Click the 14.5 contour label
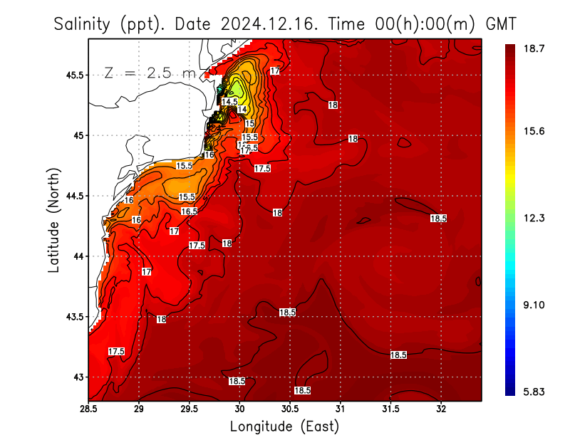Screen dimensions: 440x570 (x=229, y=102)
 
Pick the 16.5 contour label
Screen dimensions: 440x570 (x=189, y=211)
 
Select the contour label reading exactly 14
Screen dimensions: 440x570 (x=242, y=110)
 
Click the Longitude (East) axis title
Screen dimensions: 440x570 (x=284, y=426)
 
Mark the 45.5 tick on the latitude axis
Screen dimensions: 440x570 (x=74, y=75)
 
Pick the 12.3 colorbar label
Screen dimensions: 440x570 (x=534, y=218)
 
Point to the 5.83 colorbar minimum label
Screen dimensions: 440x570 (x=534, y=392)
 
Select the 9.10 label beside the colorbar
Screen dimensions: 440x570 (x=534, y=305)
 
